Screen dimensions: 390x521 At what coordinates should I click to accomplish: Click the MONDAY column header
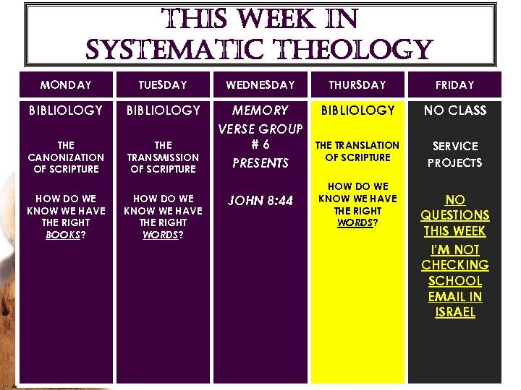click(x=66, y=85)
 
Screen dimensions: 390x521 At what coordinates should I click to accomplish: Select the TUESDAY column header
click(x=163, y=85)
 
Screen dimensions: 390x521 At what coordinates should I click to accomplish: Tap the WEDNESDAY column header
click(x=260, y=85)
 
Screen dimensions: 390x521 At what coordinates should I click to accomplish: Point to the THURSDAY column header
click(x=357, y=85)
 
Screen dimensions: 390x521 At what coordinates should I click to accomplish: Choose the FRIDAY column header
click(x=454, y=85)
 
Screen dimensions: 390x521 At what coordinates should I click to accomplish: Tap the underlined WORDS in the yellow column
click(x=352, y=222)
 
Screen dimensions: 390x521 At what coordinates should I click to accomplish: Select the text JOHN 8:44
click(x=260, y=201)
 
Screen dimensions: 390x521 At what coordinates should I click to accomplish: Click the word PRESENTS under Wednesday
click(x=260, y=163)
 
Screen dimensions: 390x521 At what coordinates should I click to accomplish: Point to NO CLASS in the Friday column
click(x=454, y=110)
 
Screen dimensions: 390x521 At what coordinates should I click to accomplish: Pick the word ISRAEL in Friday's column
click(x=454, y=312)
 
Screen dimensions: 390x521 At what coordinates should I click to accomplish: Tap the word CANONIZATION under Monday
click(x=66, y=157)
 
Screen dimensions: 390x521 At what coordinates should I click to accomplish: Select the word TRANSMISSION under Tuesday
click(x=163, y=157)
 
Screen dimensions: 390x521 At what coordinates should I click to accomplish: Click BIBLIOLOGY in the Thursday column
click(x=357, y=110)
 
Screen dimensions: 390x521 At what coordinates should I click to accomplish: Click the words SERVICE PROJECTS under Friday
click(x=454, y=155)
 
